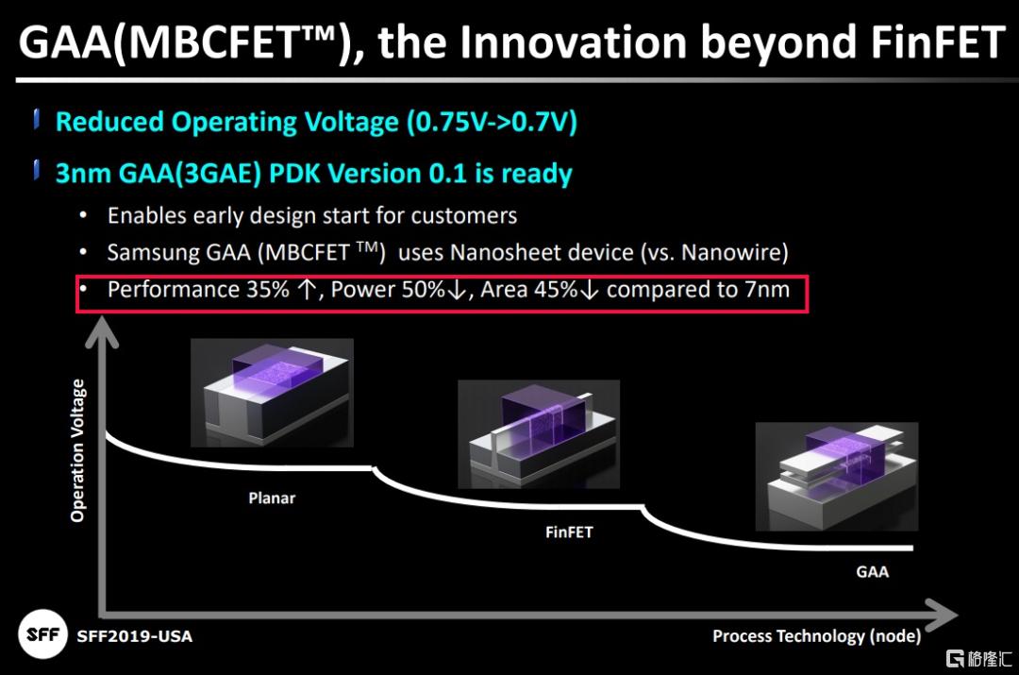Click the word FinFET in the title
[x=938, y=42]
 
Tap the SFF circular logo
[x=42, y=634]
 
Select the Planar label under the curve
[x=272, y=498]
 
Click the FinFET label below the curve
[x=569, y=532]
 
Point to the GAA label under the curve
[x=872, y=571]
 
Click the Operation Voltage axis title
[x=77, y=450]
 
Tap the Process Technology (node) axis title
[x=816, y=636]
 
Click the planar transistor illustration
[x=273, y=392]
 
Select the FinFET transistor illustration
[x=539, y=433]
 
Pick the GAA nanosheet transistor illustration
[x=836, y=476]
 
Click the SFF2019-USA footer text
[x=135, y=636]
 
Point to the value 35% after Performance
[x=268, y=290]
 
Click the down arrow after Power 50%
[x=457, y=290]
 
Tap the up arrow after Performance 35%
[x=307, y=290]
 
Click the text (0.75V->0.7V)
[x=492, y=122]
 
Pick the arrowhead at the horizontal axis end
[x=940, y=615]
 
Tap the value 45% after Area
[x=556, y=290]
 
